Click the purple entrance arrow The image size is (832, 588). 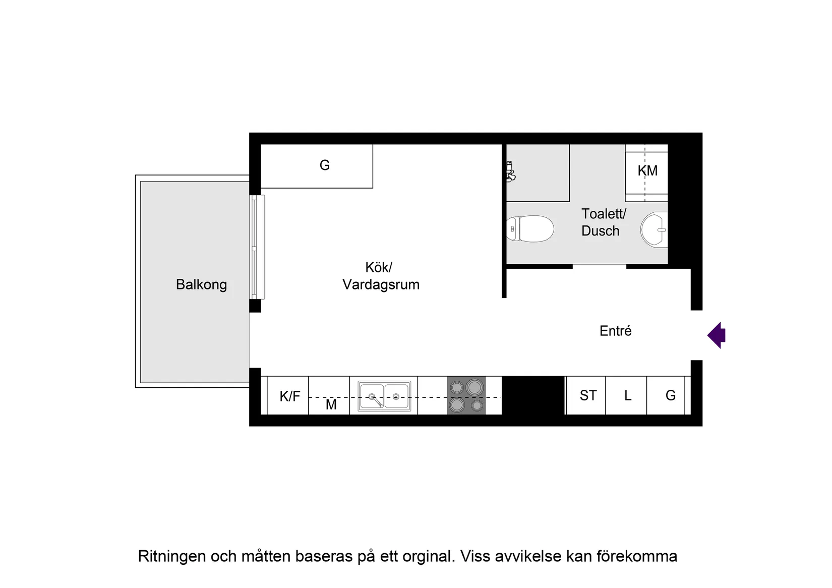coord(717,335)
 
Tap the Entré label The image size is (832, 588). coord(615,331)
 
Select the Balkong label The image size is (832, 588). coord(201,284)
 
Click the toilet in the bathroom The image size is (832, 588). coord(530,229)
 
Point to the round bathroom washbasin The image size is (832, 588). coord(655,229)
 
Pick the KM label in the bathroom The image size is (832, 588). coord(647,171)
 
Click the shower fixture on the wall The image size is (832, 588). coord(510,171)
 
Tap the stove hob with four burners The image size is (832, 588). coord(466,395)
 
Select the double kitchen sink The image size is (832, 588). coord(384,396)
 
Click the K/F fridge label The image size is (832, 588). coord(289,396)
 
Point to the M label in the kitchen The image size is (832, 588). coord(331,404)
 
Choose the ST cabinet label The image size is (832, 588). coord(588,395)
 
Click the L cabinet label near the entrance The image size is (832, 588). coord(628,395)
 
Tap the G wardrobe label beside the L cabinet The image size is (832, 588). coord(670,395)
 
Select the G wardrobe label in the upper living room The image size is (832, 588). coord(324,165)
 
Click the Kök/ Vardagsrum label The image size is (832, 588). coord(381,276)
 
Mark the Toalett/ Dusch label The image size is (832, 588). coord(603,222)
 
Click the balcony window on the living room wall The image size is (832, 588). coord(257,247)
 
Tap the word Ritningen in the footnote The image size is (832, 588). coord(171,556)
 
